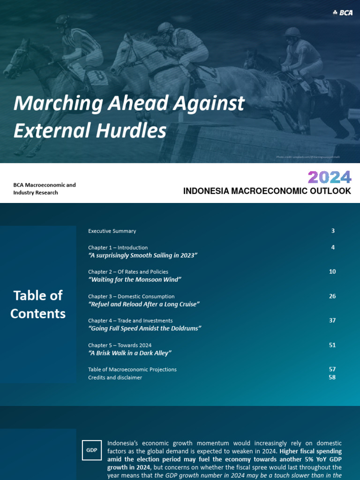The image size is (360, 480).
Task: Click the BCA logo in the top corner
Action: [342, 13]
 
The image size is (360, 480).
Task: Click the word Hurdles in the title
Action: [137, 131]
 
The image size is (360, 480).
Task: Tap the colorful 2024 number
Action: [329, 177]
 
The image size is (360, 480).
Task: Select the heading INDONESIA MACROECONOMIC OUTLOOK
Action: [267, 191]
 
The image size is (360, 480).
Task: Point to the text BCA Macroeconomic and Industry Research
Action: [44, 188]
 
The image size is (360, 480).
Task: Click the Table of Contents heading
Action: [38, 304]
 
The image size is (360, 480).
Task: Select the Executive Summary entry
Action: [112, 231]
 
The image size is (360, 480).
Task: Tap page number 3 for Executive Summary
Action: [333, 231]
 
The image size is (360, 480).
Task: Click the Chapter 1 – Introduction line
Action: [118, 247]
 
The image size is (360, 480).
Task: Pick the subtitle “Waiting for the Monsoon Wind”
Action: [135, 279]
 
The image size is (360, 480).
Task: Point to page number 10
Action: [332, 271]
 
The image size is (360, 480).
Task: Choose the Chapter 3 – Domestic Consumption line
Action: [131, 296]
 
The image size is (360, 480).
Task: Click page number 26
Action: [332, 296]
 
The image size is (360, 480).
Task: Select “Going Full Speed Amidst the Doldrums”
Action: [144, 328]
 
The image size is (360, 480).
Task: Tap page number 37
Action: [332, 321]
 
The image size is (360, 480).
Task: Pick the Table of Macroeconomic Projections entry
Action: [132, 369]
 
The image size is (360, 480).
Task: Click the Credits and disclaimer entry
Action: [115, 377]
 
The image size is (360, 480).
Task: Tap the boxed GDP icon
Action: [91, 450]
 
